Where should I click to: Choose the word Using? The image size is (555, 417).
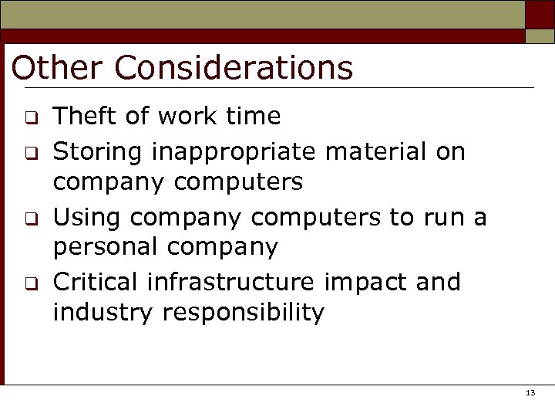[88, 218]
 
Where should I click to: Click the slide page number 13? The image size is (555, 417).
[530, 393]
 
